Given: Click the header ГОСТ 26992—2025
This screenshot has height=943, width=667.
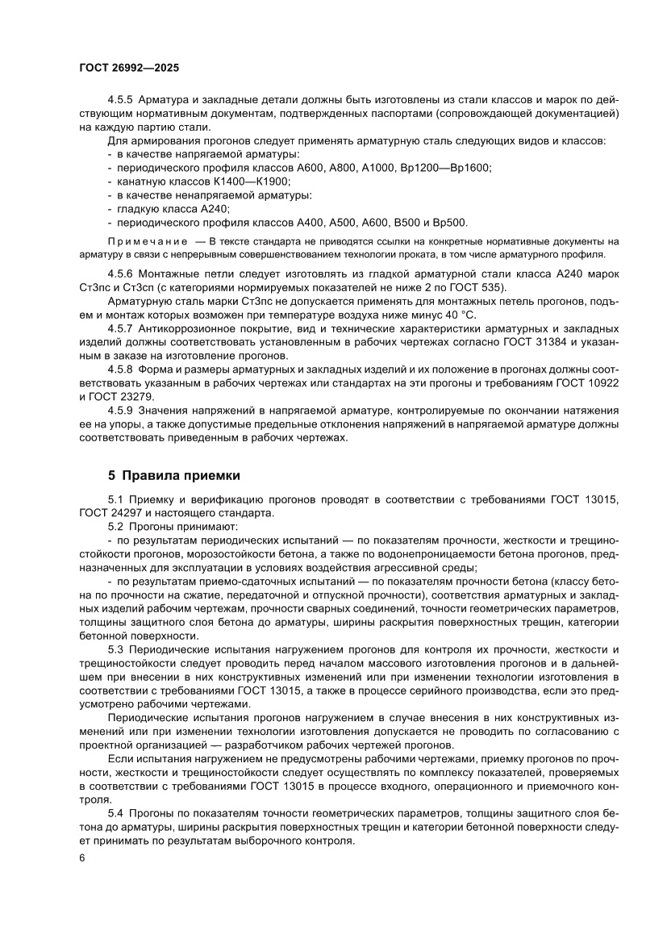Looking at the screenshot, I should coord(128,68).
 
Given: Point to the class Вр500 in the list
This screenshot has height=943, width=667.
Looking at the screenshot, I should coord(448,222).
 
